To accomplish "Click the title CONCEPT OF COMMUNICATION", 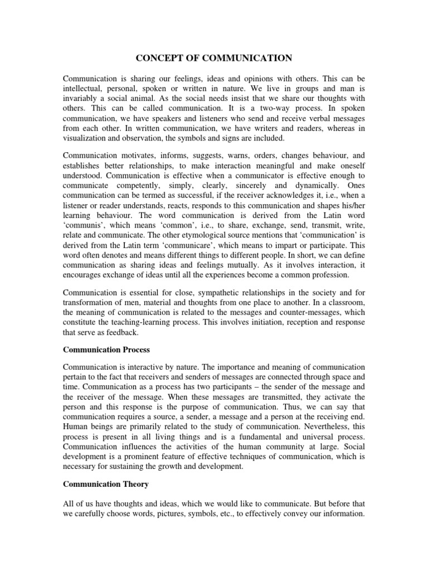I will [213, 57].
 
